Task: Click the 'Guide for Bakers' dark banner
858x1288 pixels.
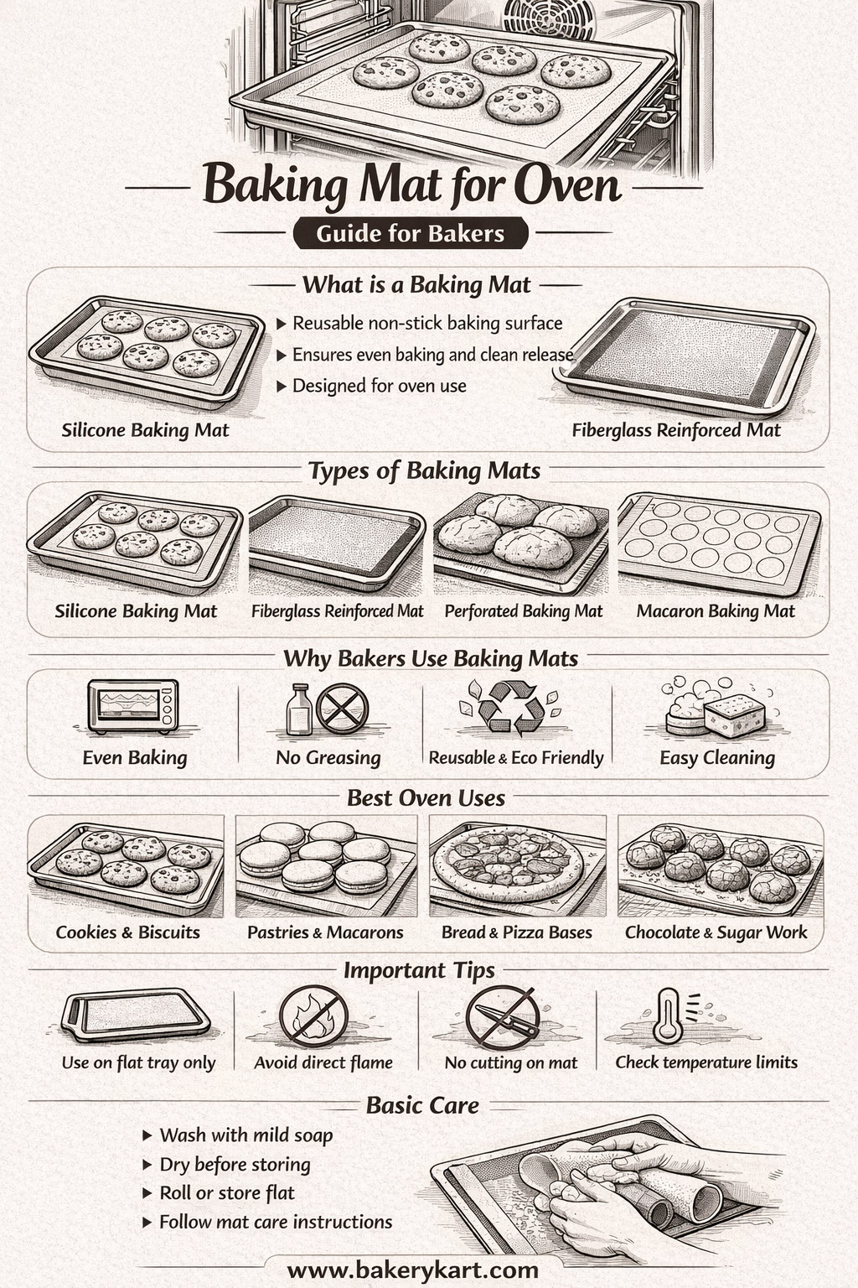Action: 411,233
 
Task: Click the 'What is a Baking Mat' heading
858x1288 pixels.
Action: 416,285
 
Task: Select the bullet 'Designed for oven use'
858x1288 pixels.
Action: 379,387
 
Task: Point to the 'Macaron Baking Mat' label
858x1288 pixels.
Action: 715,611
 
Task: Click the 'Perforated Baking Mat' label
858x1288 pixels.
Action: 523,611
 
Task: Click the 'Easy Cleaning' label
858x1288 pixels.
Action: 716,758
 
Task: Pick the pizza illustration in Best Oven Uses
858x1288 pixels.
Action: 508,863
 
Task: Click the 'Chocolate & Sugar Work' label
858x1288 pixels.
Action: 716,932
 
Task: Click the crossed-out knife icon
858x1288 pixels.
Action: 501,1017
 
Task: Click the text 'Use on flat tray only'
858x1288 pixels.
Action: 138,1063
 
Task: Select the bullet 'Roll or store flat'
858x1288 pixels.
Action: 227,1193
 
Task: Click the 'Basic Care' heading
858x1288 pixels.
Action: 422,1106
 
